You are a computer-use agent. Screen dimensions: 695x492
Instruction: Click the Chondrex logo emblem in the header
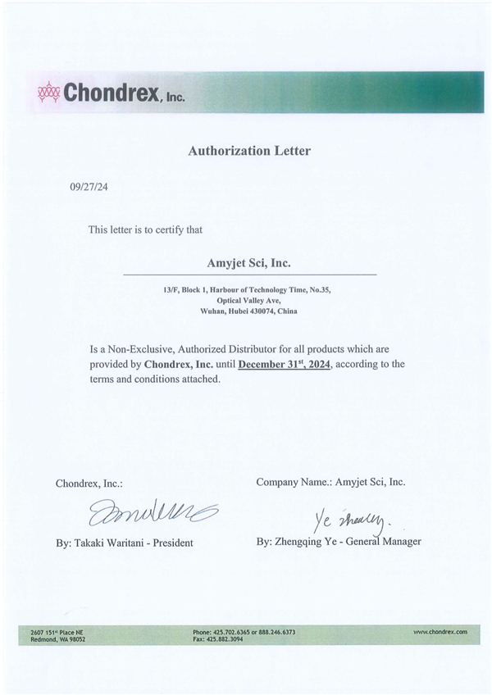pyautogui.click(x=49, y=93)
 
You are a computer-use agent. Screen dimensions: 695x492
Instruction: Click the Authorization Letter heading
pyautogui.click(x=249, y=151)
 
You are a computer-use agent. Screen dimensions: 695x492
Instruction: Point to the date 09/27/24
pyautogui.click(x=89, y=187)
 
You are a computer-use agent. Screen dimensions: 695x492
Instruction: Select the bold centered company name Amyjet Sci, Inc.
pyautogui.click(x=249, y=263)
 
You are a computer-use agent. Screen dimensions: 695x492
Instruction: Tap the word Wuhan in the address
pyautogui.click(x=215, y=311)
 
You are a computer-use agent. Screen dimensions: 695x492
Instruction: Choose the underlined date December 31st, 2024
pyautogui.click(x=285, y=364)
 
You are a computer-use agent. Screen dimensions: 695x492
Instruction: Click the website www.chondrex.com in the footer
pyautogui.click(x=440, y=632)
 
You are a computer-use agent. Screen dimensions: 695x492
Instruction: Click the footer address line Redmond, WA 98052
pyautogui.click(x=57, y=639)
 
